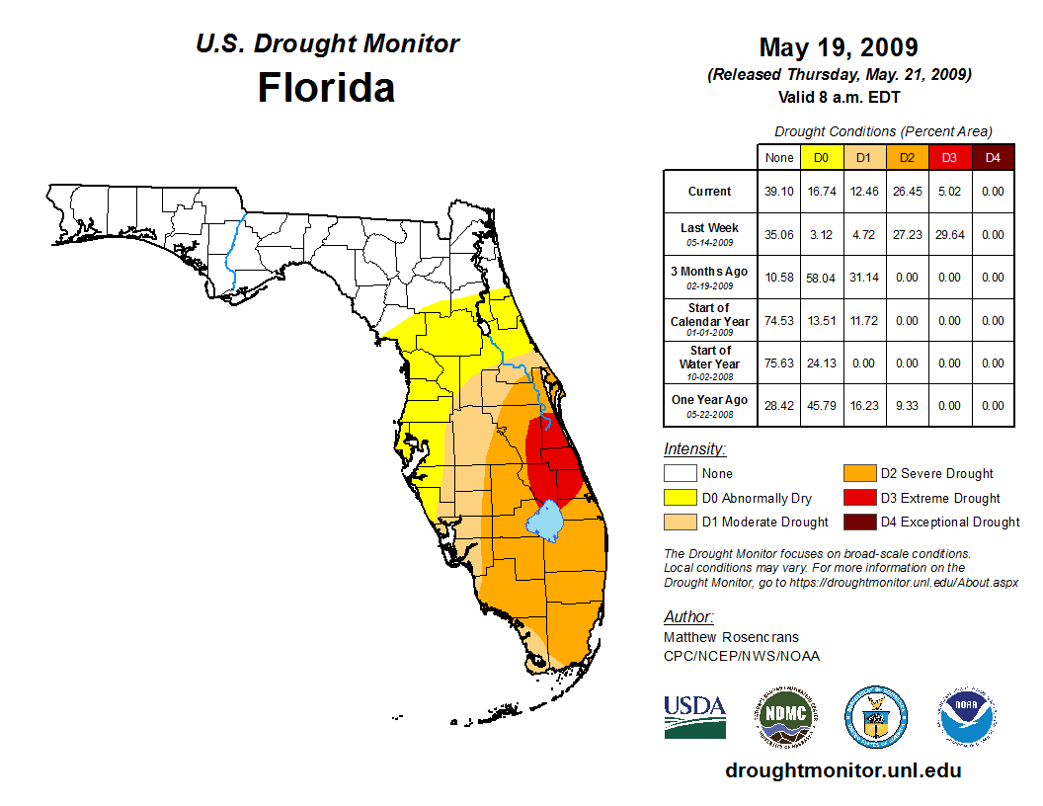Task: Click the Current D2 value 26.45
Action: click(906, 192)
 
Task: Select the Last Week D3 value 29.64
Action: click(949, 234)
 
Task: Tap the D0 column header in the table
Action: click(821, 157)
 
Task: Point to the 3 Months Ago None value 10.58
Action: click(778, 278)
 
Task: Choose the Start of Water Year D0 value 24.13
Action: click(821, 363)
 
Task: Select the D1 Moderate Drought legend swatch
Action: click(680, 522)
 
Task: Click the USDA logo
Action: click(694, 715)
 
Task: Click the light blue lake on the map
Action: click(546, 520)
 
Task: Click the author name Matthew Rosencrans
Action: click(731, 637)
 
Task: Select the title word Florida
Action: click(326, 87)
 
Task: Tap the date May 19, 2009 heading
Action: click(839, 47)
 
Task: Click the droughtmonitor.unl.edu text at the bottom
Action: click(842, 770)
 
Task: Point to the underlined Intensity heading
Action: click(694, 449)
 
